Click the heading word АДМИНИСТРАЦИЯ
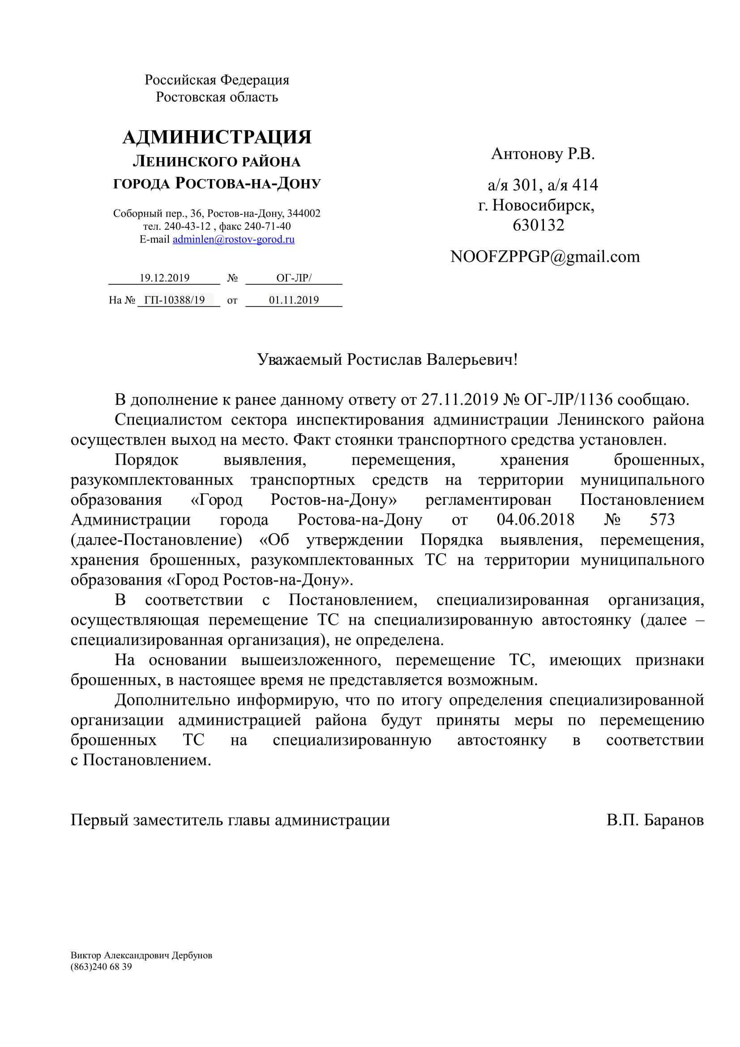(x=217, y=137)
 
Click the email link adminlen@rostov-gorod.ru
(x=233, y=239)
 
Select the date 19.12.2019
(x=164, y=278)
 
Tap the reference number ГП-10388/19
(x=175, y=300)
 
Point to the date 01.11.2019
(x=294, y=300)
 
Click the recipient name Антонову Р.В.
(x=543, y=154)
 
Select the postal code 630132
(x=539, y=225)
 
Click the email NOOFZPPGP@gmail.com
(x=545, y=257)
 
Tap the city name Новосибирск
(x=543, y=205)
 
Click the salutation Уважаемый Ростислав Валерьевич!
(x=387, y=360)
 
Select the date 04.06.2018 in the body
(x=535, y=519)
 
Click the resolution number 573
(x=662, y=519)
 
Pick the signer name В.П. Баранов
(x=655, y=821)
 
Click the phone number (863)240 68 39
(x=101, y=967)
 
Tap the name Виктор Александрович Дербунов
(x=141, y=955)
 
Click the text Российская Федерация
(x=217, y=80)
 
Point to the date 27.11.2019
(x=459, y=399)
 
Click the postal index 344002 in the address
(x=304, y=214)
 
